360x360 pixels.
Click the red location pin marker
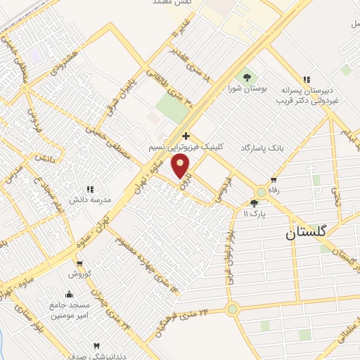coord(182,166)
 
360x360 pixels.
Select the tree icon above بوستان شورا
coord(247,77)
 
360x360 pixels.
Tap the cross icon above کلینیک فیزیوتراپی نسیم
coord(186,136)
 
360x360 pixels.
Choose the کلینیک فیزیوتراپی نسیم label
coord(186,148)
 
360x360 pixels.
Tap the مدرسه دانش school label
coord(86,200)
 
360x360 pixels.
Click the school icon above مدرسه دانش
coord(89,188)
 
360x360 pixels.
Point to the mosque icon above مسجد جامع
coord(68,294)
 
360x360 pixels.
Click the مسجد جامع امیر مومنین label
coord(68,310)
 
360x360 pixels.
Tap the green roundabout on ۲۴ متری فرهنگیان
coord(232,309)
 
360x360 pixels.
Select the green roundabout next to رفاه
coord(262,191)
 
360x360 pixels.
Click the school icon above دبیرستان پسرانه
coord(306,79)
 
